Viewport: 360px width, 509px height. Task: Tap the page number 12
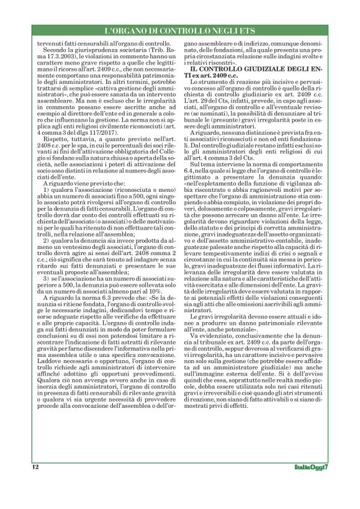point(36,466)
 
